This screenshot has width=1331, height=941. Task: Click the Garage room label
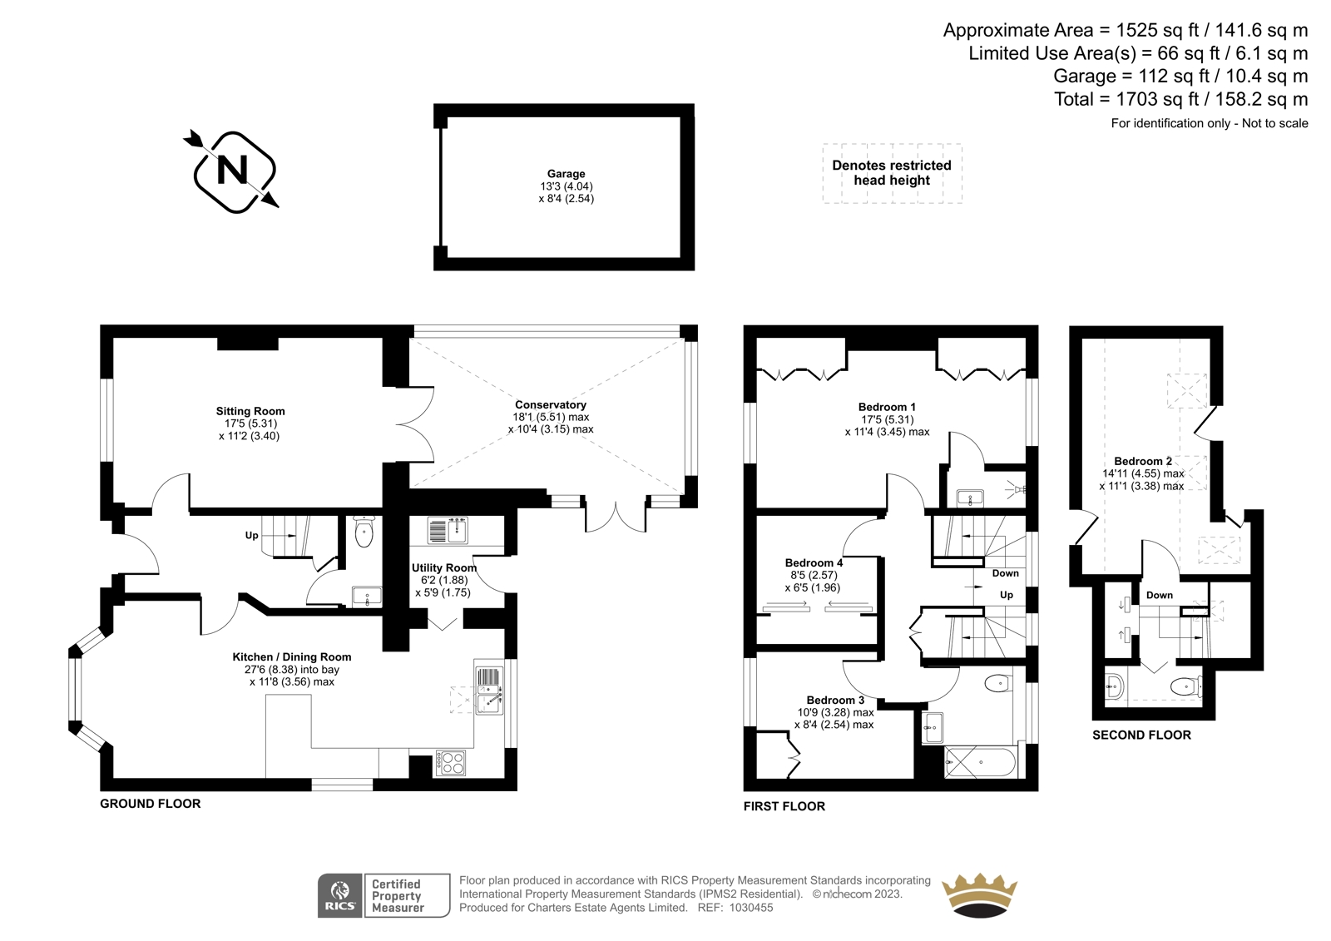[x=566, y=174]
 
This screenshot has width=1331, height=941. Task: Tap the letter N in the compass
[x=232, y=170]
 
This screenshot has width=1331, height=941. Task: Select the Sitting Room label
[x=250, y=411]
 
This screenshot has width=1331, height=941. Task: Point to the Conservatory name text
[x=550, y=405]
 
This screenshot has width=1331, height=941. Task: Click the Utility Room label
[x=444, y=567]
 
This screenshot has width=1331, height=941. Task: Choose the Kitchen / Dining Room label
[x=292, y=656]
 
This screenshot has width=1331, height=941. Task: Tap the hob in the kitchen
[x=451, y=763]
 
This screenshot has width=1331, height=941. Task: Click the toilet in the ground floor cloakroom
[x=363, y=531]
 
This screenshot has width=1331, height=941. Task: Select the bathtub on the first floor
[x=981, y=762]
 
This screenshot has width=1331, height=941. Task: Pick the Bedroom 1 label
[x=887, y=407]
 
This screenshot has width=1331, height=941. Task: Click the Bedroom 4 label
[x=814, y=562]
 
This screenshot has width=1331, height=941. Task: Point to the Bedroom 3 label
[x=835, y=701]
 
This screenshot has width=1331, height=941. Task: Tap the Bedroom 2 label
[x=1143, y=461]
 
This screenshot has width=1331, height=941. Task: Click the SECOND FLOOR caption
[x=1141, y=735]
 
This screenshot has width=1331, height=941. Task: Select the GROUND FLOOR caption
[x=151, y=804]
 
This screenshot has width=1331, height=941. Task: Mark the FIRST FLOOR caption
[x=784, y=806]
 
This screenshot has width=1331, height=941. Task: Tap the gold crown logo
[x=978, y=895]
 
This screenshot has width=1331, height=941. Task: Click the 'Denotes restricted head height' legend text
[x=891, y=172]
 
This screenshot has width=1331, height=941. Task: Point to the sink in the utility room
[x=448, y=530]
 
